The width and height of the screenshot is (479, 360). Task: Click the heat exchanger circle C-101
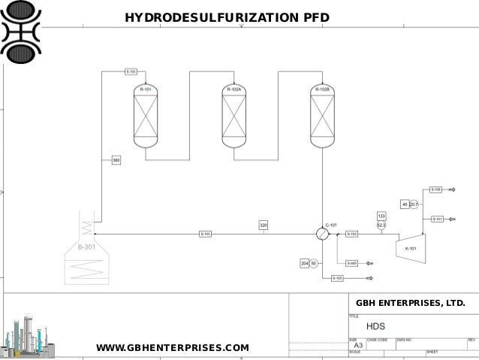pos(322,234)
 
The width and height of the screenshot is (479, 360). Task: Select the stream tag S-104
pos(131,72)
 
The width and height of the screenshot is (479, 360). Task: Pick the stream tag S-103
pos(206,234)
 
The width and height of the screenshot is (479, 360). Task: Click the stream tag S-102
pos(352,234)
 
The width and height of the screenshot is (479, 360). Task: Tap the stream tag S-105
pos(338,278)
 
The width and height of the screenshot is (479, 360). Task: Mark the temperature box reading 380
pos(116,160)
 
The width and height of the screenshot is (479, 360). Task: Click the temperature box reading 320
pos(264,225)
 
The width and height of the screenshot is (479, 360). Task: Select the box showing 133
pos(381,216)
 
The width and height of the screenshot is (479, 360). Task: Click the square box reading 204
pos(305,263)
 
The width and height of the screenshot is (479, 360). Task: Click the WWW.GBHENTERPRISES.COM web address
pos(173,347)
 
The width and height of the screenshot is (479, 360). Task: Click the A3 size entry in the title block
pos(359,345)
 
